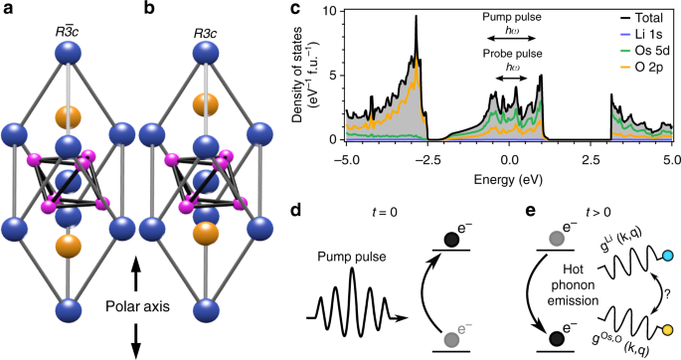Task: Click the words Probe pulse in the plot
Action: click(511, 54)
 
